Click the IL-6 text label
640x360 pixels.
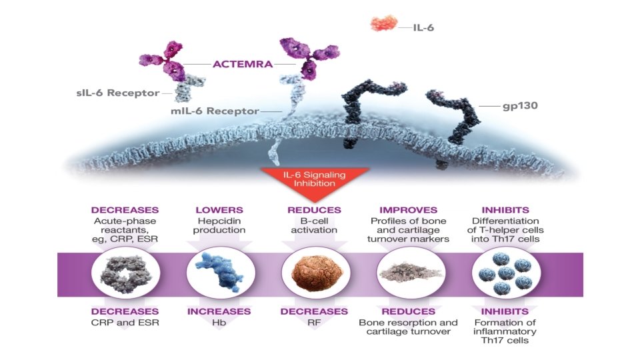[424, 28]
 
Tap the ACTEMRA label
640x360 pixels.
[243, 64]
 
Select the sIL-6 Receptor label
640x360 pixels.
[118, 93]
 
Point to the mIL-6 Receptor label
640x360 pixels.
[215, 111]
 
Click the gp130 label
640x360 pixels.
[520, 106]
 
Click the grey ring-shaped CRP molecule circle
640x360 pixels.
[126, 273]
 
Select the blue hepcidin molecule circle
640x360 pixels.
[221, 273]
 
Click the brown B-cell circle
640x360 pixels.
[316, 273]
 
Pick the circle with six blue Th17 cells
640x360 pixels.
[506, 273]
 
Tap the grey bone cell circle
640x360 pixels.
[411, 273]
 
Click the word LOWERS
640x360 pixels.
[219, 210]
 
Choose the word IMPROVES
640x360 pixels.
[408, 210]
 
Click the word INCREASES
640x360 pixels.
[219, 311]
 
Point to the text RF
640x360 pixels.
[314, 323]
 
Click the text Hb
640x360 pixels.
[219, 323]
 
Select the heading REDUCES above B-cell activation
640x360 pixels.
[314, 210]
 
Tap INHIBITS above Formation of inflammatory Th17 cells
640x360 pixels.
[505, 311]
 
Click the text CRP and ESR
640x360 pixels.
[125, 323]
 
